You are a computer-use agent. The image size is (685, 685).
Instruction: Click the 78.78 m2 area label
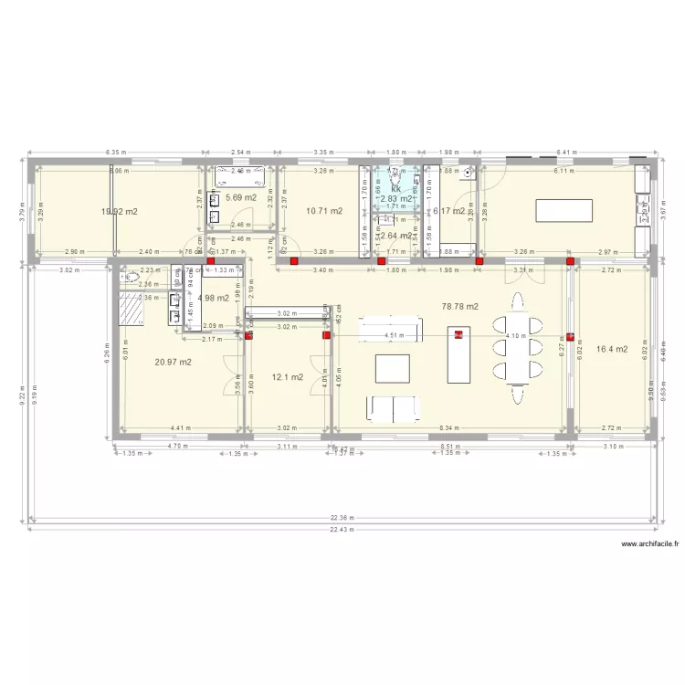(459, 307)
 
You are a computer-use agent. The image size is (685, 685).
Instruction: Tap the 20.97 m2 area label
(173, 363)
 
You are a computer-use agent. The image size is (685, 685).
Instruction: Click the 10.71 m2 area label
(324, 211)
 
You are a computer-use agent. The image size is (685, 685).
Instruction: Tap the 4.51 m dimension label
(393, 335)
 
